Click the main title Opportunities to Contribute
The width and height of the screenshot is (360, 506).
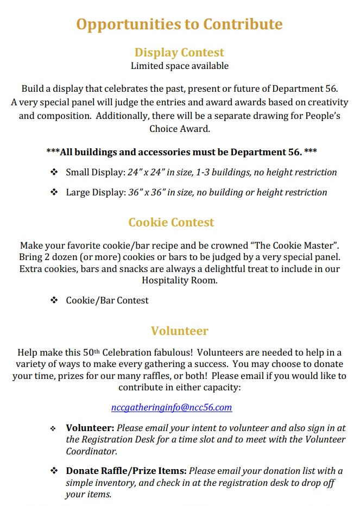[179, 24]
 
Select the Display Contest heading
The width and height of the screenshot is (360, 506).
[179, 53]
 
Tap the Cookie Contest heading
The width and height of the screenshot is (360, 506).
[171, 222]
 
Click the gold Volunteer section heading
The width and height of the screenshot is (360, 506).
[179, 331]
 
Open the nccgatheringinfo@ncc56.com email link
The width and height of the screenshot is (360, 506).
[172, 407]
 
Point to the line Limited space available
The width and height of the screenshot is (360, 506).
[179, 66]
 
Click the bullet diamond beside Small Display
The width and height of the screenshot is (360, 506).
[54, 172]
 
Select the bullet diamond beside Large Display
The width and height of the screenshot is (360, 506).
[54, 192]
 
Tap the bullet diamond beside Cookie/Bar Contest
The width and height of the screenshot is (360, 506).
[54, 300]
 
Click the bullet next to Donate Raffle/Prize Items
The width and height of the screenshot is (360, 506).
[54, 470]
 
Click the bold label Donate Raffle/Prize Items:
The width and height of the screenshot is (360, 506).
[126, 471]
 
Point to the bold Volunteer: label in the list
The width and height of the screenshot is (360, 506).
[90, 428]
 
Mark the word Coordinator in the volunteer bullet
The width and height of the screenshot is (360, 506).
[91, 451]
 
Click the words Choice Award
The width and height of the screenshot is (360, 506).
[179, 129]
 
